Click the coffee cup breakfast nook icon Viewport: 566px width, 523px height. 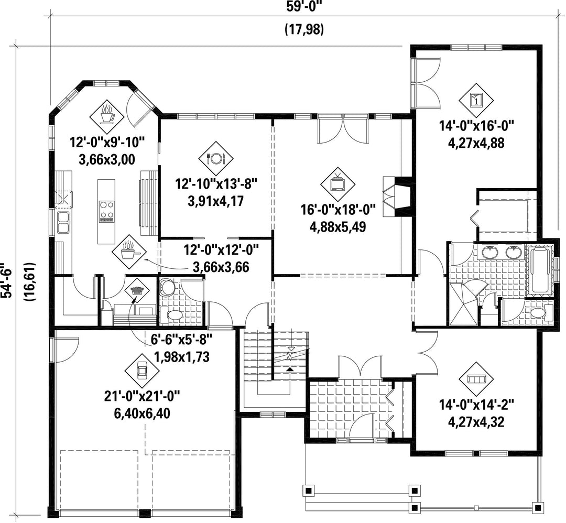[x=106, y=116]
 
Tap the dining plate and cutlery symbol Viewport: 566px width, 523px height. [x=216, y=158]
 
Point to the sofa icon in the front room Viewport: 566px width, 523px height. [x=476, y=378]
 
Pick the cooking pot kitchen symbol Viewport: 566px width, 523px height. [x=129, y=252]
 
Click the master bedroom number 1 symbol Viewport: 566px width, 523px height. [x=476, y=100]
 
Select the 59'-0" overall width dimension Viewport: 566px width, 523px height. [x=304, y=7]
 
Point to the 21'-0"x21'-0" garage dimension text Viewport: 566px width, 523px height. [x=142, y=396]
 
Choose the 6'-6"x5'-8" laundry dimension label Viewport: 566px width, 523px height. [x=181, y=340]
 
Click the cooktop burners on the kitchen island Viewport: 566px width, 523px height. [x=107, y=211]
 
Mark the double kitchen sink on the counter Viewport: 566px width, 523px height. [x=63, y=222]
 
